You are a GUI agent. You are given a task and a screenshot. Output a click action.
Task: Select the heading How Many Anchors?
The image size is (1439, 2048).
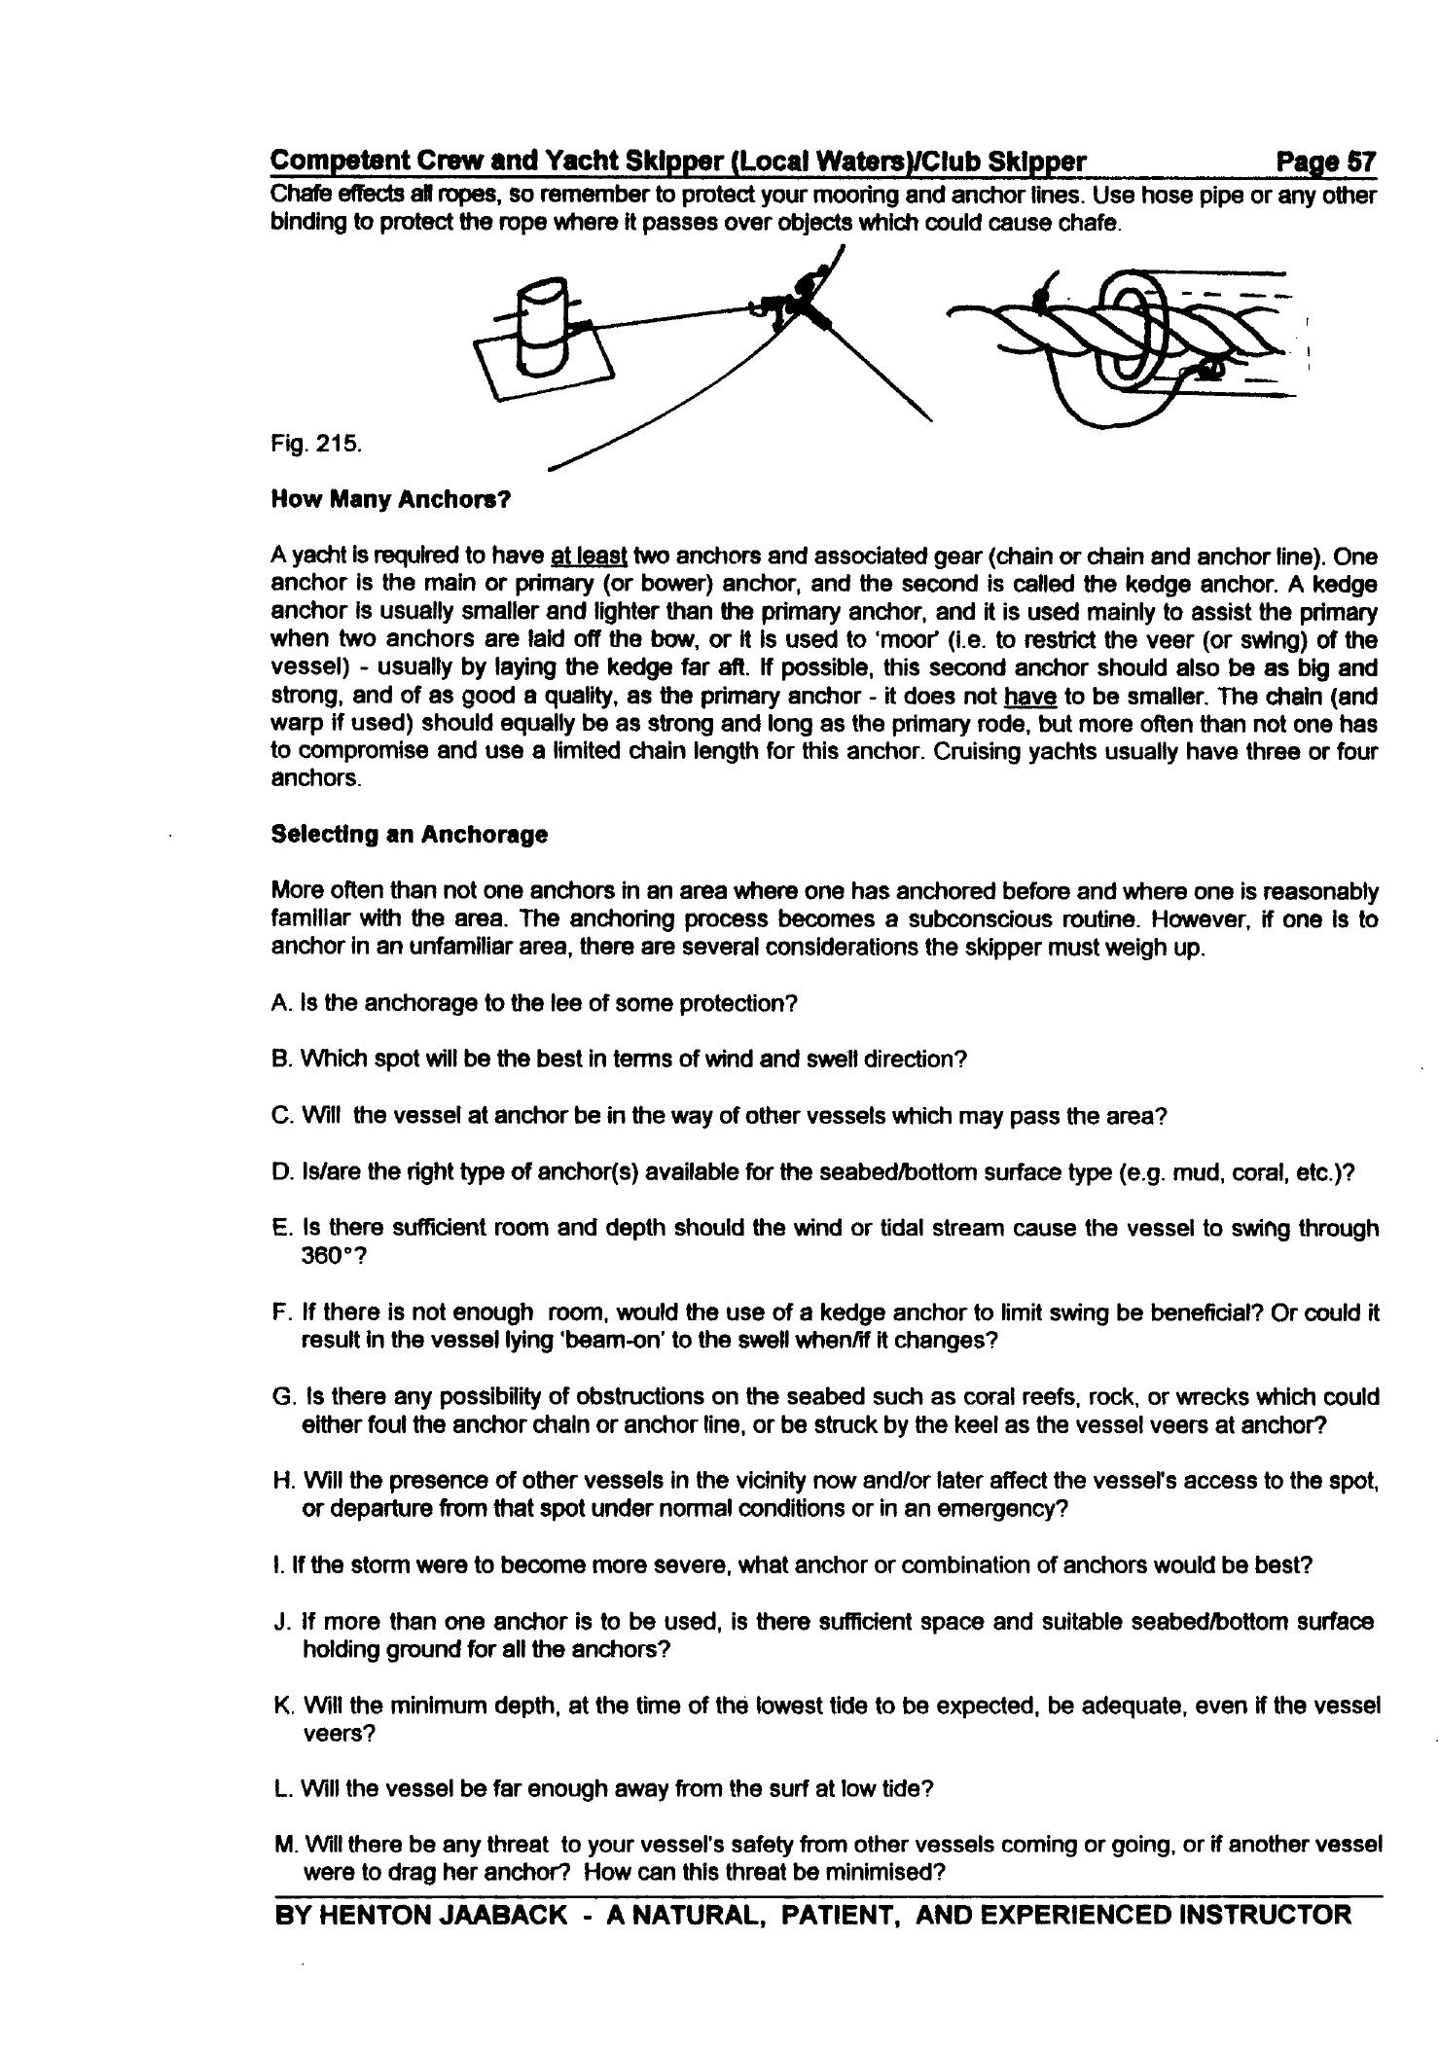390,500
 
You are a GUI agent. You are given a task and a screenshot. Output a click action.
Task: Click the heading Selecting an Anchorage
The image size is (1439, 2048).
409,835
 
